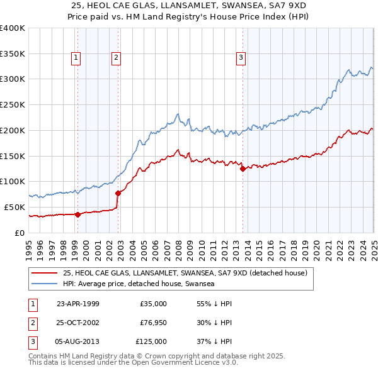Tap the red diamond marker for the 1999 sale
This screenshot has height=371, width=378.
(77, 214)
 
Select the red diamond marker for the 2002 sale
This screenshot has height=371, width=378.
(118, 192)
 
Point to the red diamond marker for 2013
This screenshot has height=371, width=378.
(243, 168)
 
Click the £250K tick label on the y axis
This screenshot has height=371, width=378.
(13, 104)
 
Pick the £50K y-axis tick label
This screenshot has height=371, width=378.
(15, 207)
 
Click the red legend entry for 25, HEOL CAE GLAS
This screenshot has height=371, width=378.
(184, 274)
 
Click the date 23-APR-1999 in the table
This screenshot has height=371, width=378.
(78, 304)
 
